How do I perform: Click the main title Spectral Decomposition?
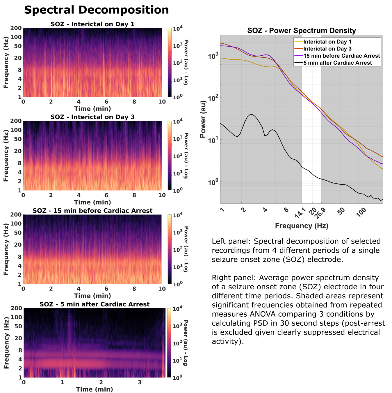(96, 10)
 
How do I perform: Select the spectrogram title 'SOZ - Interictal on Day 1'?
(92, 24)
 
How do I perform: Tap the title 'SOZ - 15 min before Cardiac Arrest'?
(92, 211)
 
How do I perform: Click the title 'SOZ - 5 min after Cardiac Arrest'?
(95, 304)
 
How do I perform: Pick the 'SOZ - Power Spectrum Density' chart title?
(302, 31)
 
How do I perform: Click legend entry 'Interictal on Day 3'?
(327, 49)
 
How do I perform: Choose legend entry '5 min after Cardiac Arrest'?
(338, 63)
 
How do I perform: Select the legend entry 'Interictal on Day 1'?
(327, 42)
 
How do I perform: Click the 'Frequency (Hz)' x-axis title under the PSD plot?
(302, 226)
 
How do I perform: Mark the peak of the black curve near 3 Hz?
(251, 114)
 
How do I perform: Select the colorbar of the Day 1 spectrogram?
(170, 62)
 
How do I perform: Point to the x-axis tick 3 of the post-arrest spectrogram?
(140, 382)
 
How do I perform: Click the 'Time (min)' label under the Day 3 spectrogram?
(92, 202)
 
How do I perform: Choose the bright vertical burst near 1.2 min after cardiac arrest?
(70, 335)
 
